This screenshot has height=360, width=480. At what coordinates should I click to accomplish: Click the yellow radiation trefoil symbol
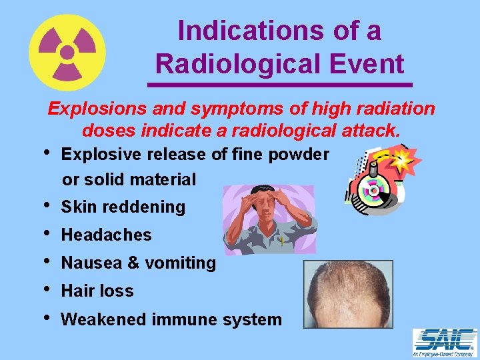67,52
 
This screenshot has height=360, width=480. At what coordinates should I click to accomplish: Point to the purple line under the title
279,85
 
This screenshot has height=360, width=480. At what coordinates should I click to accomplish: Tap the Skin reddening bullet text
123,207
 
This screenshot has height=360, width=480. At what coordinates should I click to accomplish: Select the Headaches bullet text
106,235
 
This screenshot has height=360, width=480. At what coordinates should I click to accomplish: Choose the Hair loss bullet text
97,291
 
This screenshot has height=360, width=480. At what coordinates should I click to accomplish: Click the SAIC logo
444,342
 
